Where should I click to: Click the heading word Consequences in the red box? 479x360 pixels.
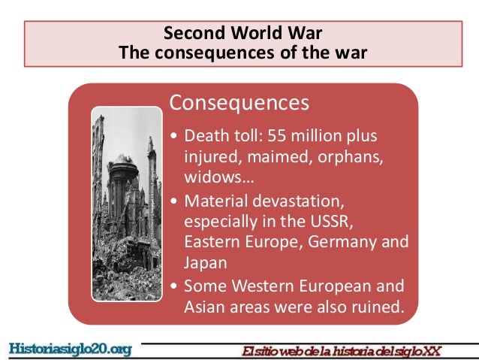[239, 102]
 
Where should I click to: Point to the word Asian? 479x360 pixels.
[202, 307]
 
